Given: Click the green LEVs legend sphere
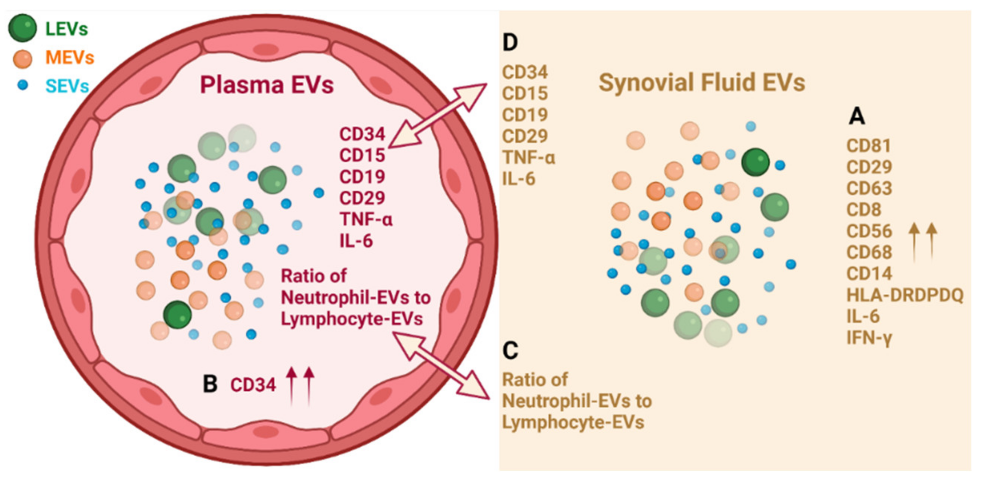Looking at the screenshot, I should point(22,28).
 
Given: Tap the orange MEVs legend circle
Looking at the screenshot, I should point(22,59).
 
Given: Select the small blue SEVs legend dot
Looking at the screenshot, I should point(23,85).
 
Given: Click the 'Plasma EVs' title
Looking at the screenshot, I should point(267,84).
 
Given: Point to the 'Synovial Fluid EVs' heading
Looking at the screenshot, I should point(701,82).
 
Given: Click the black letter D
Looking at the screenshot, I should point(510,43).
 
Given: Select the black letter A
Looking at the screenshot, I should point(856,116).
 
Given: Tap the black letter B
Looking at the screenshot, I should point(210,384).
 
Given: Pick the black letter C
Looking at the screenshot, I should point(510,350).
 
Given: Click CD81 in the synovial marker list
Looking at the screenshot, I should point(868,146).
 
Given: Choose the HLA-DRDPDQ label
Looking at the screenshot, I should point(904,295).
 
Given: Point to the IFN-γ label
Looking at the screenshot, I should point(869,338).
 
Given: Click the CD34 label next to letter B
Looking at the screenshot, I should point(253,385).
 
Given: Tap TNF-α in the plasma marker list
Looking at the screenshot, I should point(365,219).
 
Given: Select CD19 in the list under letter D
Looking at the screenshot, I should point(525,115).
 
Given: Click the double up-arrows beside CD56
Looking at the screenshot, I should point(923,242).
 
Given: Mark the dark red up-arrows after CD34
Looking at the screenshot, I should point(300,385).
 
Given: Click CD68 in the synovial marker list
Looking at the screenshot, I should point(869,252).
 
